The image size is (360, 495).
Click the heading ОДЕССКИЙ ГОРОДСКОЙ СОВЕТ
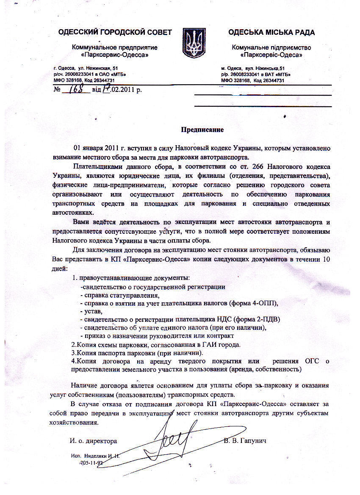[x=115, y=32]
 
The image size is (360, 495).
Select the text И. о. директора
[x=94, y=441]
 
